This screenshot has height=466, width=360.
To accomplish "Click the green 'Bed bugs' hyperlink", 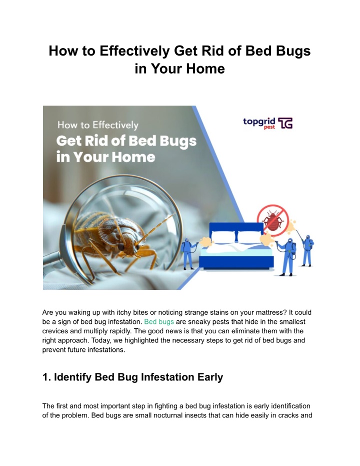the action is (159, 322).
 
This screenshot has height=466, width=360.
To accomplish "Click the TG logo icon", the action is (285, 123).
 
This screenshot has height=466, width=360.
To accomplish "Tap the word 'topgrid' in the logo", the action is (259, 122).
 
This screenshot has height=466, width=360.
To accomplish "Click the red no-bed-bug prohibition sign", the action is (272, 220).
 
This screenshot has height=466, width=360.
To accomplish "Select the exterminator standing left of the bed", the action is (188, 253).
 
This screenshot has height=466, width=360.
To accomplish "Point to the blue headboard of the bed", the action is (236, 229).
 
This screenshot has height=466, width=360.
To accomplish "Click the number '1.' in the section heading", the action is (46, 377).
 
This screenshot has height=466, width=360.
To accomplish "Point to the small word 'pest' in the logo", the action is (269, 127).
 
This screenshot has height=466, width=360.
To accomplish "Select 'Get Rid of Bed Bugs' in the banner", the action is (126, 141).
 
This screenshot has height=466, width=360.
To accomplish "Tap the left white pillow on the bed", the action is (223, 237).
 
